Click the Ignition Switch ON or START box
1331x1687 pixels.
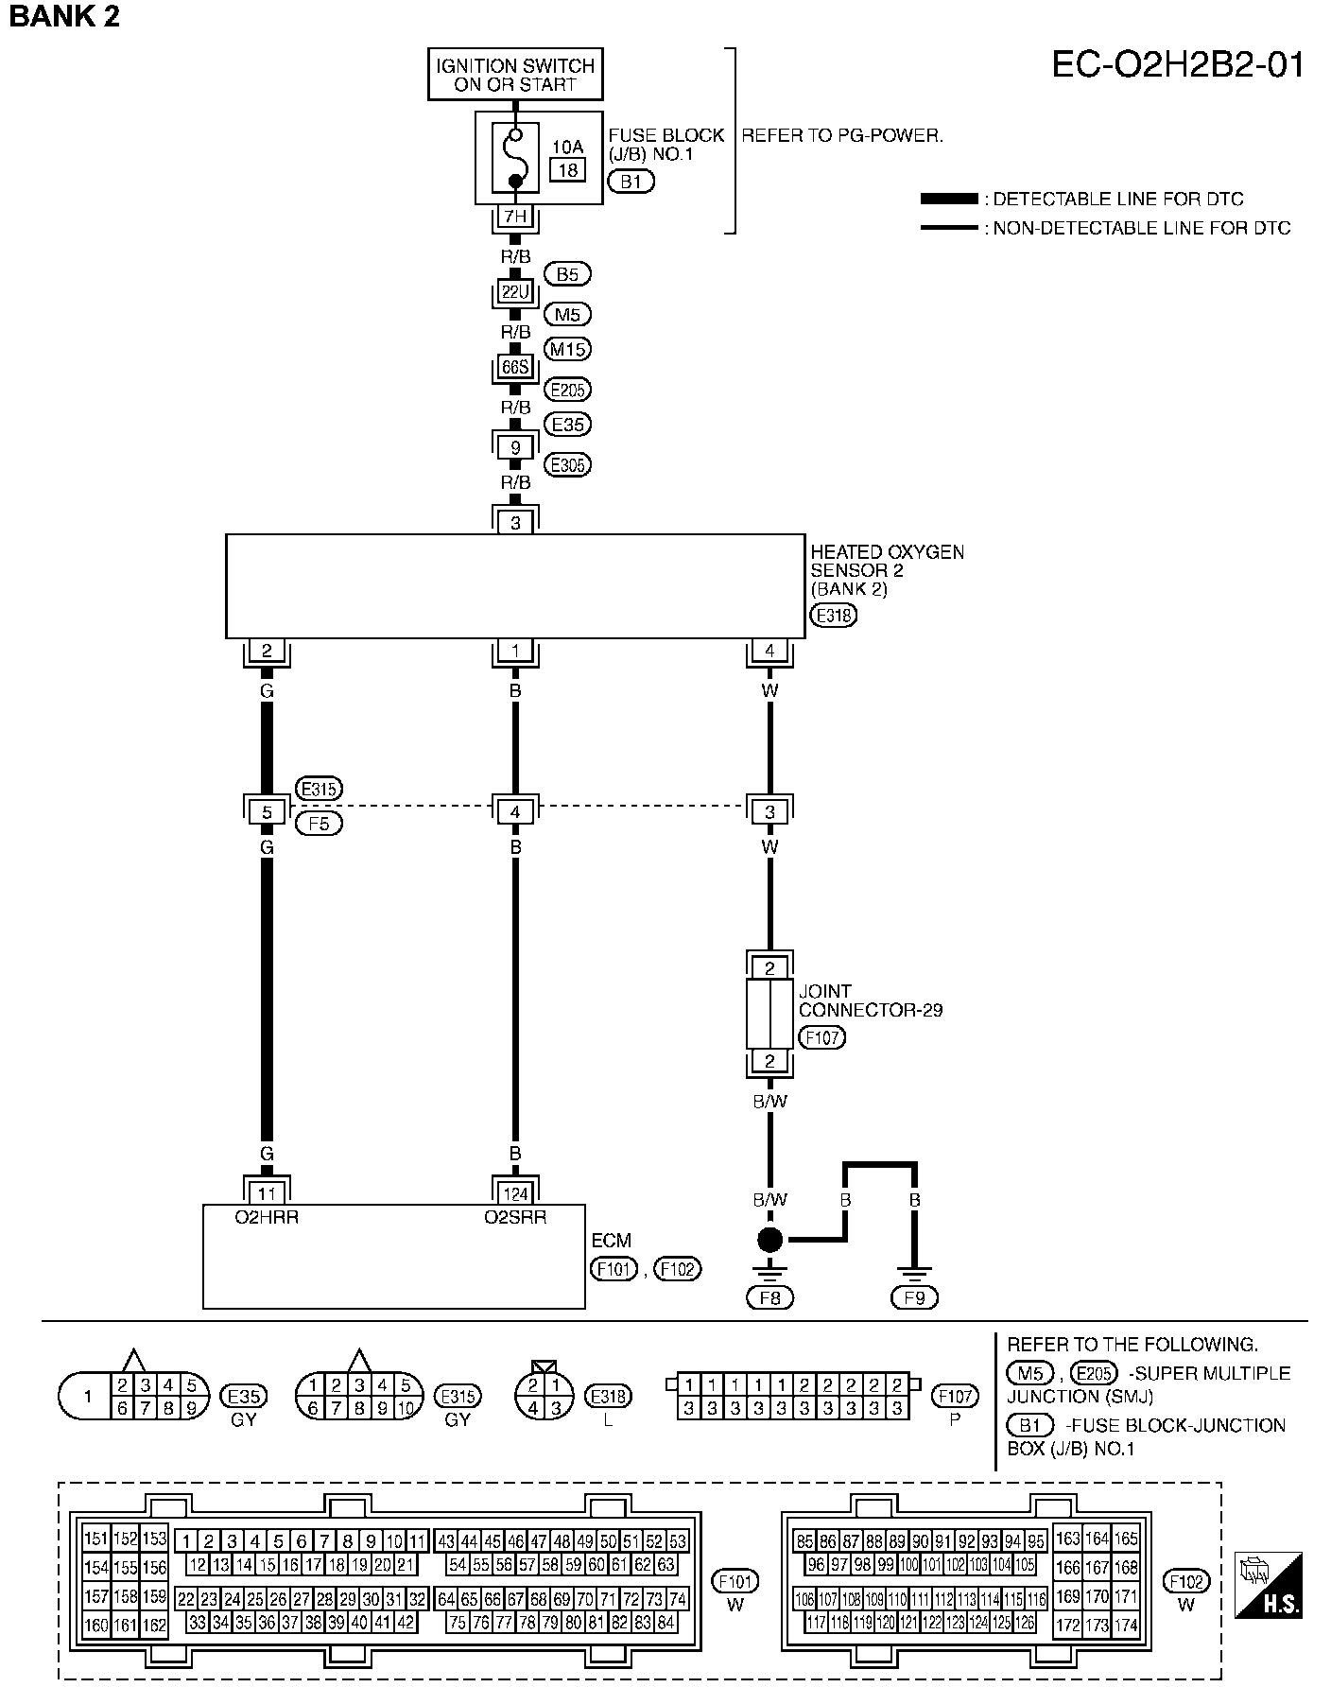point(515,75)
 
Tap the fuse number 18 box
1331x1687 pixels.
point(567,170)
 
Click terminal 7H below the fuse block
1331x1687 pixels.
point(515,217)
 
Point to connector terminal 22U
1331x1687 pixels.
point(515,292)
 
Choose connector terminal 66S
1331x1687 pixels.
point(515,367)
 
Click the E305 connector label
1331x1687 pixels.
point(568,465)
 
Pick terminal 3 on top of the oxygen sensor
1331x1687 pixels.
point(515,521)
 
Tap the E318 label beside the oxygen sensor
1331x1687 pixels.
point(833,617)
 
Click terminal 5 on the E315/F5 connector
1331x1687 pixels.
point(267,811)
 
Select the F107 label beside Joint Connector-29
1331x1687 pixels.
point(821,1037)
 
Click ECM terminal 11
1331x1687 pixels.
point(267,1193)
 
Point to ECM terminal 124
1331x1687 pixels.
point(515,1193)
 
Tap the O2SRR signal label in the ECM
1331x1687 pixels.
point(515,1218)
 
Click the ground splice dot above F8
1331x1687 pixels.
point(770,1240)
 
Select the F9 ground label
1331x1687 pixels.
point(914,1298)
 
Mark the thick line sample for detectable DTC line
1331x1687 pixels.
point(948,199)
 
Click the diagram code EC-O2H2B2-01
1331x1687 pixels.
point(1178,64)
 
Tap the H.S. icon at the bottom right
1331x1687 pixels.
point(1269,1584)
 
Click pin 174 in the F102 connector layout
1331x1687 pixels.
point(1125,1626)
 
